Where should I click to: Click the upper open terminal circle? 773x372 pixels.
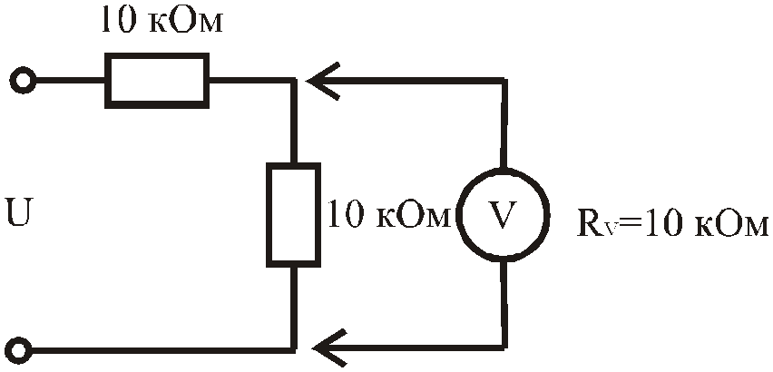[x=23, y=81]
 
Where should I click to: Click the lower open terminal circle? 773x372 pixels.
[x=22, y=350]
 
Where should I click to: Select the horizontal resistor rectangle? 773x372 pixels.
[x=157, y=81]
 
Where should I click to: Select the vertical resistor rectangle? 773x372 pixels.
[x=293, y=215]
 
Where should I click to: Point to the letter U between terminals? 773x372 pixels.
[x=20, y=212]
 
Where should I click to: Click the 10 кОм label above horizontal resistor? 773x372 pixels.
[x=161, y=21]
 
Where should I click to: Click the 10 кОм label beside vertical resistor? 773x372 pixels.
[x=389, y=214]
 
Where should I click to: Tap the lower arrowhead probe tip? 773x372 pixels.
[x=316, y=348]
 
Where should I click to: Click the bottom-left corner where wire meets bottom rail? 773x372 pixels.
[x=294, y=349]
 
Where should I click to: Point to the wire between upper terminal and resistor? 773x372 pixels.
[x=70, y=81]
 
